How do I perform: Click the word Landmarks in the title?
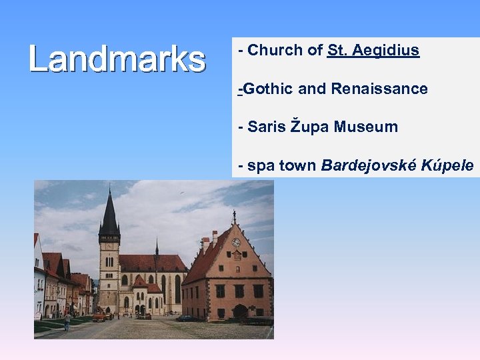click(117, 59)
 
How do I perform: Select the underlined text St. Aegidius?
click(373, 50)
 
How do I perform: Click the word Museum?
click(366, 127)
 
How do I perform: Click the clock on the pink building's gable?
click(236, 242)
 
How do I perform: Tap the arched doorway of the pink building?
click(240, 311)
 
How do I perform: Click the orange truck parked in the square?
click(99, 317)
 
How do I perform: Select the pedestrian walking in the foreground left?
click(67, 321)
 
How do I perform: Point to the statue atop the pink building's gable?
click(234, 217)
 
